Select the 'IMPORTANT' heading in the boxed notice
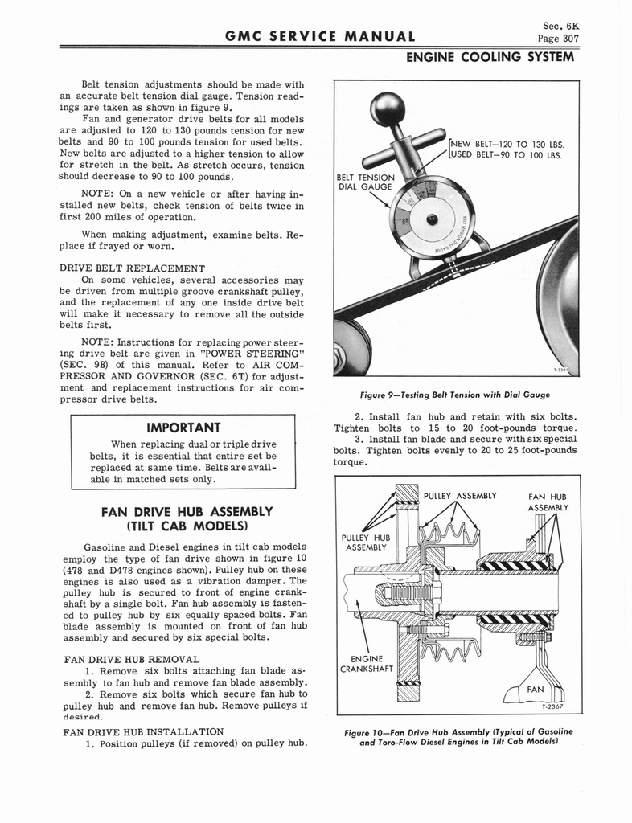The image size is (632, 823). (183, 428)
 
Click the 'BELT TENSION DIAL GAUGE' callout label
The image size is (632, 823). (365, 182)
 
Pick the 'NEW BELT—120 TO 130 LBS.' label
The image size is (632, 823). (506, 144)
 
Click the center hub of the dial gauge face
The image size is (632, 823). (432, 219)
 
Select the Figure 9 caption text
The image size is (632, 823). (455, 394)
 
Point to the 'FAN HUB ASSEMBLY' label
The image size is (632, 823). (548, 502)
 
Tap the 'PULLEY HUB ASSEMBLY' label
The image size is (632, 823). (365, 543)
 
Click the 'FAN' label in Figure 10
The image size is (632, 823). (536, 689)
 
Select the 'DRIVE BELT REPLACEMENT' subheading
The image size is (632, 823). (133, 268)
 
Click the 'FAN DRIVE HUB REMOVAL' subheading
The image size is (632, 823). (130, 659)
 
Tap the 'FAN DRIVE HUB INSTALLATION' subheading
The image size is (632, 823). (142, 731)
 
